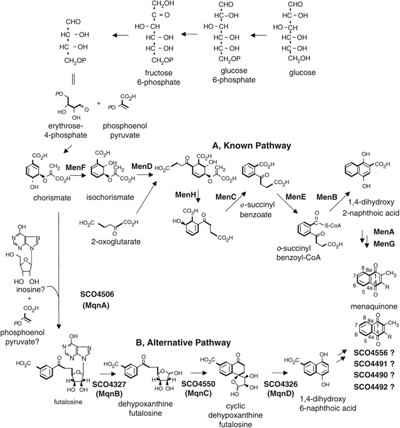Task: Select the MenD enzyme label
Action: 143,166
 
